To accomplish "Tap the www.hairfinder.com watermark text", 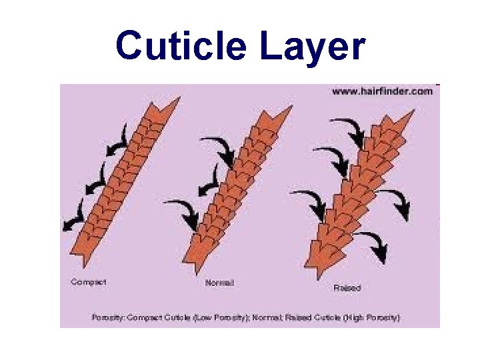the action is (x=382, y=92).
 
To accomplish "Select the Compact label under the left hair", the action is (x=89, y=282).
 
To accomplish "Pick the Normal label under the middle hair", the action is (x=219, y=283).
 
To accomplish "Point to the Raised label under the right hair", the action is (x=347, y=288).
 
